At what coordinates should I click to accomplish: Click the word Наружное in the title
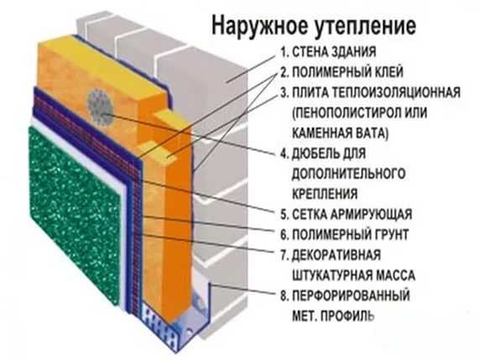point(259,25)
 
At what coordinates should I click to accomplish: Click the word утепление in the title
point(365,26)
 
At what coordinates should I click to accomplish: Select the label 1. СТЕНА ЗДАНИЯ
point(328,52)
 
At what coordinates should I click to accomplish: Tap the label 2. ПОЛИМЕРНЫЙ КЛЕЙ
point(342,72)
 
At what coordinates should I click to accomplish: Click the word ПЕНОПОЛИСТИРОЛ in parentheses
point(344,112)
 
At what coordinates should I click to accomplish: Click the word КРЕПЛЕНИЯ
point(325,194)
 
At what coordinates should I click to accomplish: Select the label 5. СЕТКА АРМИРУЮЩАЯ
point(347,214)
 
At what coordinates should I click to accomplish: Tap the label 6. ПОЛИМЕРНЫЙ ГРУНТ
point(344,234)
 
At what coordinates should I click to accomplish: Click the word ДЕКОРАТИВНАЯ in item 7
point(337,255)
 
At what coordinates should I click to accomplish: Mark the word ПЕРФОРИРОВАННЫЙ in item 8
point(351,295)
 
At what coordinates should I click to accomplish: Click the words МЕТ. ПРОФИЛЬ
point(333,316)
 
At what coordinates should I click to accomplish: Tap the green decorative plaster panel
point(74,214)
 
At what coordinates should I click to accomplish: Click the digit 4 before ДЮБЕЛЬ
point(284,154)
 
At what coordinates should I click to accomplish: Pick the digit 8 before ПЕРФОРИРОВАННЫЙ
point(284,295)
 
